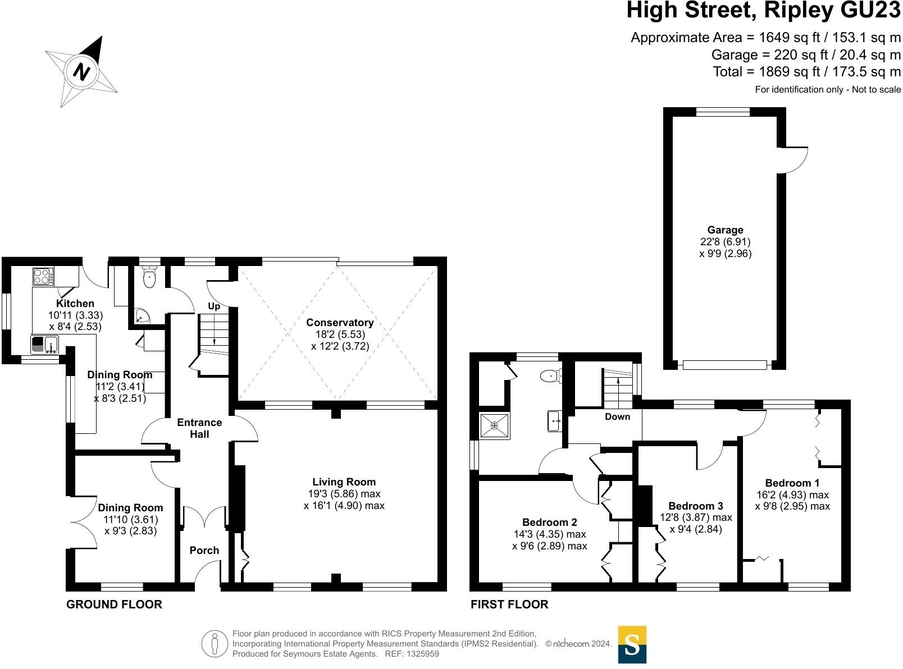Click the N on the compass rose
(83, 72)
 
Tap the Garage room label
(725, 230)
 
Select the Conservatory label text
(340, 322)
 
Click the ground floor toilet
(149, 278)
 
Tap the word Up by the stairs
(214, 306)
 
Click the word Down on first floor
(617, 416)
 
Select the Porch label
(204, 550)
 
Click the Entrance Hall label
(199, 428)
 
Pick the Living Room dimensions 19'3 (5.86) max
(344, 494)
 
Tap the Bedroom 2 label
(549, 522)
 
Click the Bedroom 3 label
(696, 506)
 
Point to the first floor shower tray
(495, 426)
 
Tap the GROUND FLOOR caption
(114, 604)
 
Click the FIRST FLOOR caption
(509, 604)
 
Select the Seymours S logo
(632, 644)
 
